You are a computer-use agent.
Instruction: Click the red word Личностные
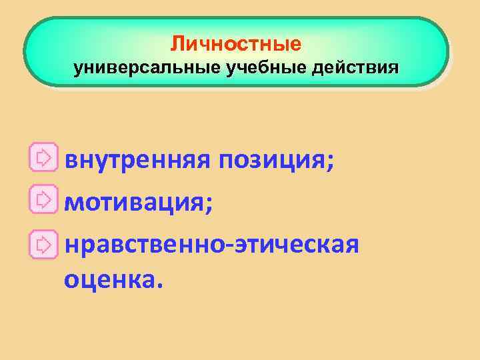tap(235, 45)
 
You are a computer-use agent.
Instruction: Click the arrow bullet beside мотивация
tap(43, 199)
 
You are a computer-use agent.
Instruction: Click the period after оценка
tap(158, 286)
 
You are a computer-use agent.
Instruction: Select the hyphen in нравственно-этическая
tap(228, 241)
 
